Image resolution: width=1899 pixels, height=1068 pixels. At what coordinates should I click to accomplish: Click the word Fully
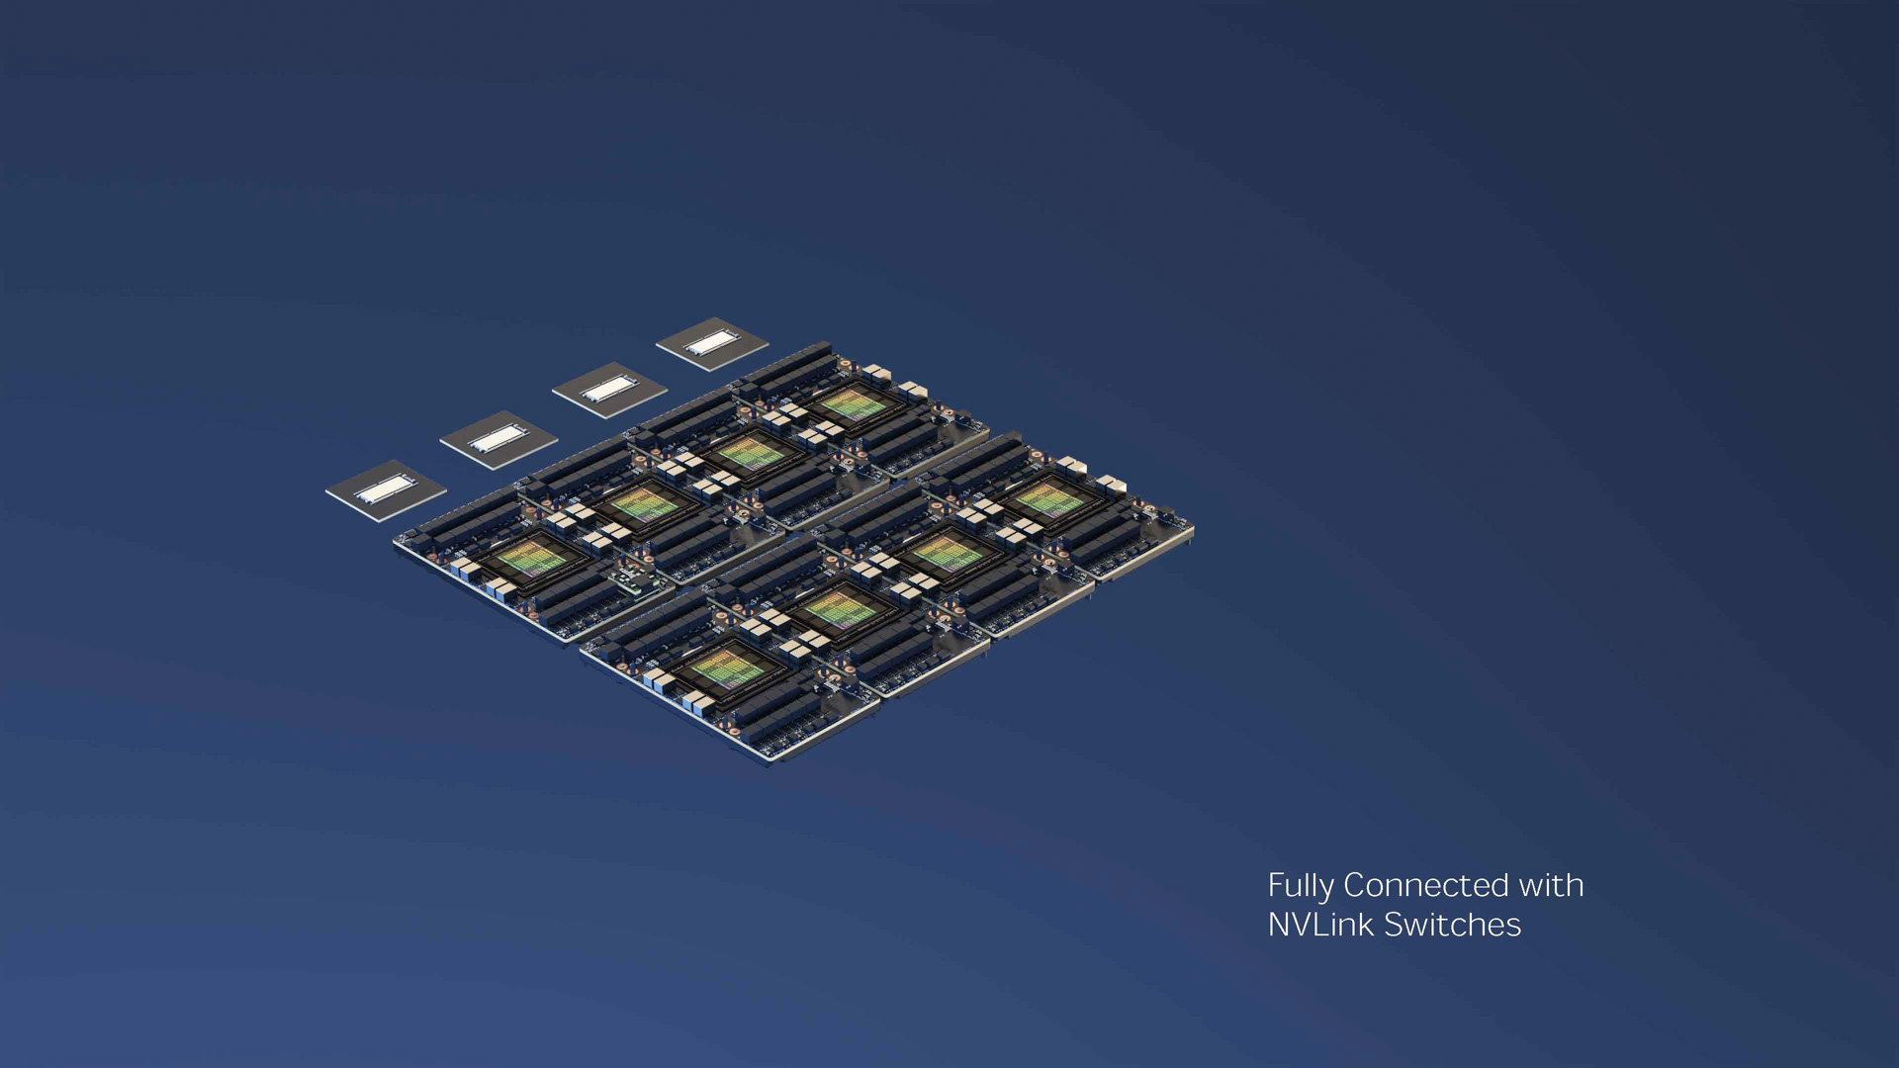[1301, 886]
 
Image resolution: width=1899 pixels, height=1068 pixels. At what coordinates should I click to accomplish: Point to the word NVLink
[1321, 925]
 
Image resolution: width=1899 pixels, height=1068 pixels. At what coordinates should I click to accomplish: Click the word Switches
[1452, 925]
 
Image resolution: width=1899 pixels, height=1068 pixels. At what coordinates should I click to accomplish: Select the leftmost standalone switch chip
[386, 489]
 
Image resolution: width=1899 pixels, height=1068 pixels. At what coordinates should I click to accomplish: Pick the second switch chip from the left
[498, 439]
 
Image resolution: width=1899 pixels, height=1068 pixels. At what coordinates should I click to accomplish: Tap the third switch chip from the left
[609, 390]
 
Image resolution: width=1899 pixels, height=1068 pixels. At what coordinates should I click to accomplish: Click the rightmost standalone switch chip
[712, 344]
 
